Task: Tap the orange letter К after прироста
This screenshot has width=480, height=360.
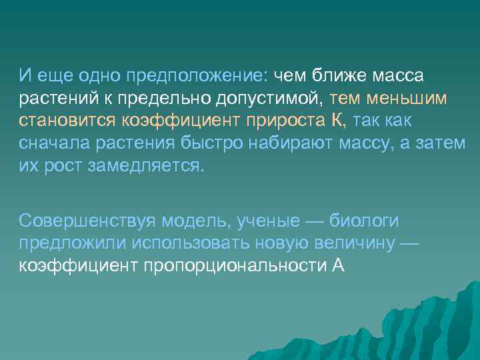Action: tap(337, 121)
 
